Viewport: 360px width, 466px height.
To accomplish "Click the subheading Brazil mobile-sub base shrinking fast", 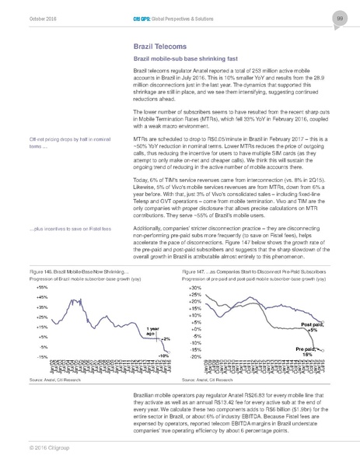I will (178, 59).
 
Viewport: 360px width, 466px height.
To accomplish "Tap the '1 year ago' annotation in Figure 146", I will (152, 331).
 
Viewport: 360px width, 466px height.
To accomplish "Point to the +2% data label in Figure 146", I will (165, 339).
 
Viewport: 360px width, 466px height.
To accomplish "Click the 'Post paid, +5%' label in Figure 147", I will (313, 326).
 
